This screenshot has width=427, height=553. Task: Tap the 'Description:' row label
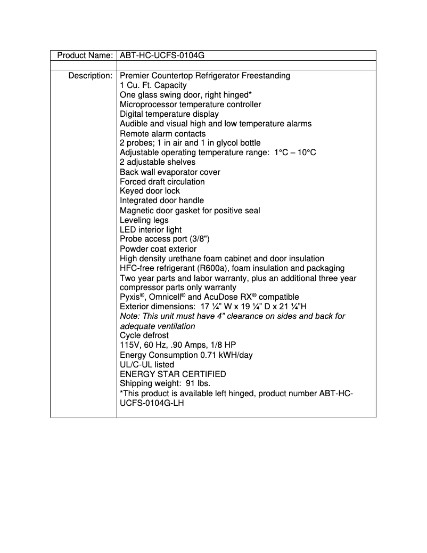(x=90, y=76)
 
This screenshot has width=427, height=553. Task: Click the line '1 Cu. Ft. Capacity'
(x=153, y=85)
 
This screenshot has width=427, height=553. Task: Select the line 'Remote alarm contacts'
(x=162, y=133)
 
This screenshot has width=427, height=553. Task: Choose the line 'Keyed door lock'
(x=150, y=191)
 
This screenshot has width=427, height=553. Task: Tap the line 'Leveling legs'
(x=144, y=220)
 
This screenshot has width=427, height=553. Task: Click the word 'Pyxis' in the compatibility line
(x=130, y=297)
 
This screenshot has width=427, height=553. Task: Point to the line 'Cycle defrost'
(x=144, y=335)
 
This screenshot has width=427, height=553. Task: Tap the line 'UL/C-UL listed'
(x=146, y=365)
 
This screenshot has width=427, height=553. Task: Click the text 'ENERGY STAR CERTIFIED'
(x=173, y=374)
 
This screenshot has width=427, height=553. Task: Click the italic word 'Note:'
(x=130, y=316)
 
